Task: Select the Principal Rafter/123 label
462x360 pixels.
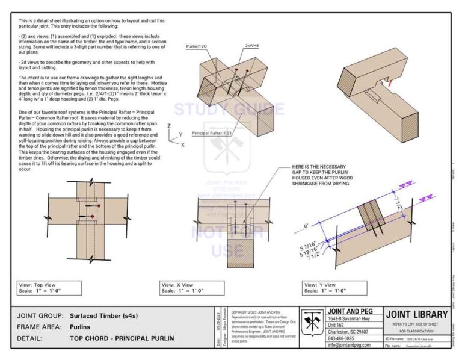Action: coord(212,132)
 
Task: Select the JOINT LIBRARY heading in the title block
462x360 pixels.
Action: coord(416,314)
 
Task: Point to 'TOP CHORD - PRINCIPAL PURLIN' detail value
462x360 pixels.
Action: coord(122,338)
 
